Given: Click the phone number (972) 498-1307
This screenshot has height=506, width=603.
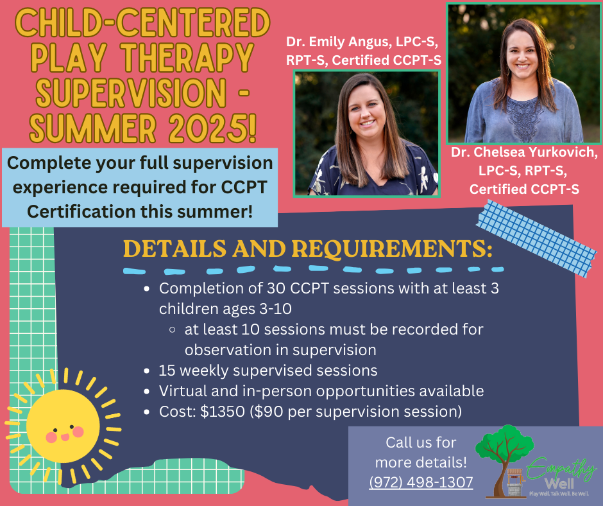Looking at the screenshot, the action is (421, 482).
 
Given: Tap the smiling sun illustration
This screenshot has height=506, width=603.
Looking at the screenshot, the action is (64, 426).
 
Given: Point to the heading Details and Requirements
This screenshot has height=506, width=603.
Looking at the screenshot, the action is (308, 249).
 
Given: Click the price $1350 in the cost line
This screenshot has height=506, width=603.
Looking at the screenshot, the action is (223, 411).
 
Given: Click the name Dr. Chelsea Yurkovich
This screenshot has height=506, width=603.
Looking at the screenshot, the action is (524, 152).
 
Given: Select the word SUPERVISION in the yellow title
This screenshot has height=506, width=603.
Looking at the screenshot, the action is (131, 93).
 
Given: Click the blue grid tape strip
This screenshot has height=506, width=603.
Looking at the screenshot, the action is (536, 238).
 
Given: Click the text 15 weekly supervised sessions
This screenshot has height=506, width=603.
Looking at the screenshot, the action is (268, 371).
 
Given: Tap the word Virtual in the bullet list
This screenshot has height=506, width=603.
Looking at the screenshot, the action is (183, 391).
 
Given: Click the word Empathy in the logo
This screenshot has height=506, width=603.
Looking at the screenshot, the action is (561, 469).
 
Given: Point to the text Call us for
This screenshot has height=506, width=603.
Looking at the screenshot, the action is (421, 442).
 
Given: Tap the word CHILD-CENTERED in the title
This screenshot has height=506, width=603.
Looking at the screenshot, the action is (142, 22).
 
